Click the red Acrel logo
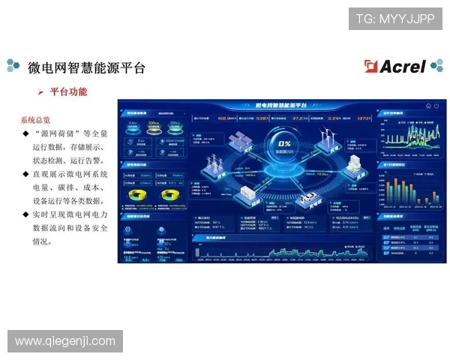click(394, 67)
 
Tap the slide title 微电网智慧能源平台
click(85, 67)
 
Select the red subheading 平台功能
click(68, 91)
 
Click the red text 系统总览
click(35, 119)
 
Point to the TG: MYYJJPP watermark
click(395, 18)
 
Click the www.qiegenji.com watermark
click(65, 341)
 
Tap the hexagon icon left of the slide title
click(13, 67)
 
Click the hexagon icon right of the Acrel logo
click(436, 67)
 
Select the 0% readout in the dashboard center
click(285, 142)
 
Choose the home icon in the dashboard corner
click(428, 106)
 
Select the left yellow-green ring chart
click(139, 195)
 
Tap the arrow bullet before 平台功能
click(41, 92)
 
